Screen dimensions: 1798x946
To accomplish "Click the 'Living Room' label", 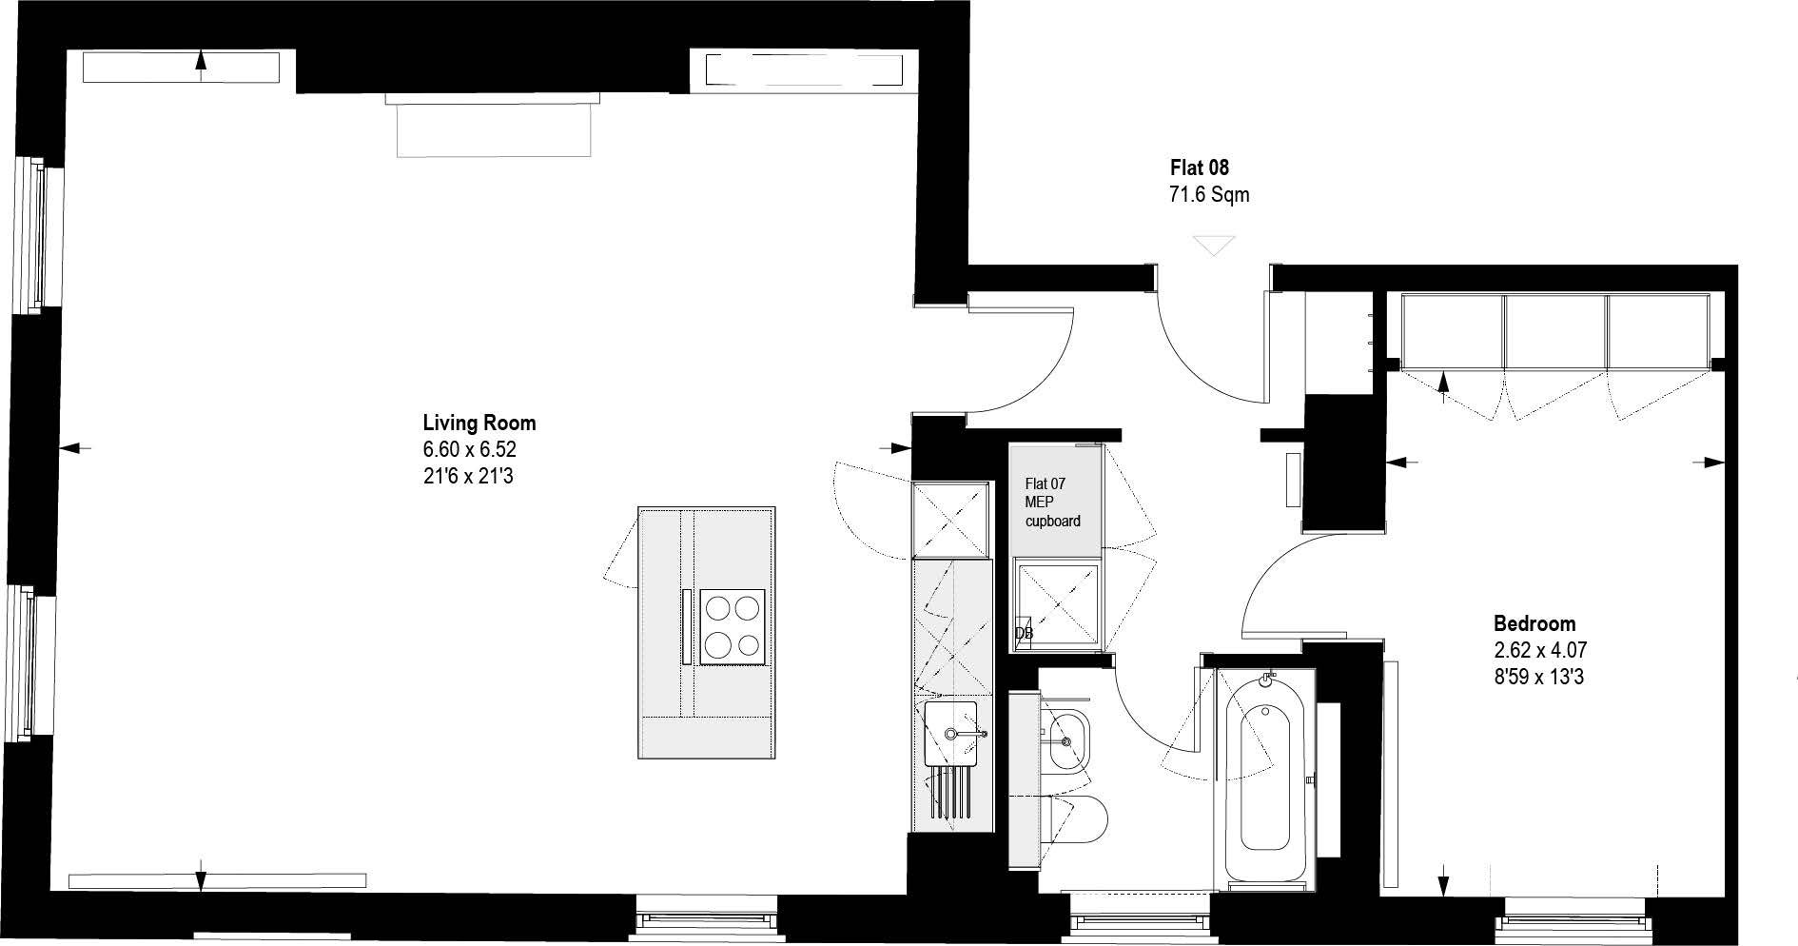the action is click(479, 423).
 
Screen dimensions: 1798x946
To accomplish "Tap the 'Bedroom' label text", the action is click(1534, 624).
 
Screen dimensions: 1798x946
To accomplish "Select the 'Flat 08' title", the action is click(1200, 168).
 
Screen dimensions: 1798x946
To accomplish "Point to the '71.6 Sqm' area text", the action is click(1208, 196).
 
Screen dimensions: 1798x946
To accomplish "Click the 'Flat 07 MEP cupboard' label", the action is click(1052, 503).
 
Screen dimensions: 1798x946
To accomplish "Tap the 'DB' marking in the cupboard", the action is click(1024, 634).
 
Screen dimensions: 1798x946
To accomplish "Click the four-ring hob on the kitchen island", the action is click(733, 626).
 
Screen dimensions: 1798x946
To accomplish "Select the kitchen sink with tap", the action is click(951, 733).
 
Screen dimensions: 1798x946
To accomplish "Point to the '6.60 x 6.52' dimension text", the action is click(470, 449).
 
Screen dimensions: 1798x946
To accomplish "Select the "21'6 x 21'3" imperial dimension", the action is click(468, 476).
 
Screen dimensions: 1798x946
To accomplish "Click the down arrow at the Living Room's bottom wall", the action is click(201, 877).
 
